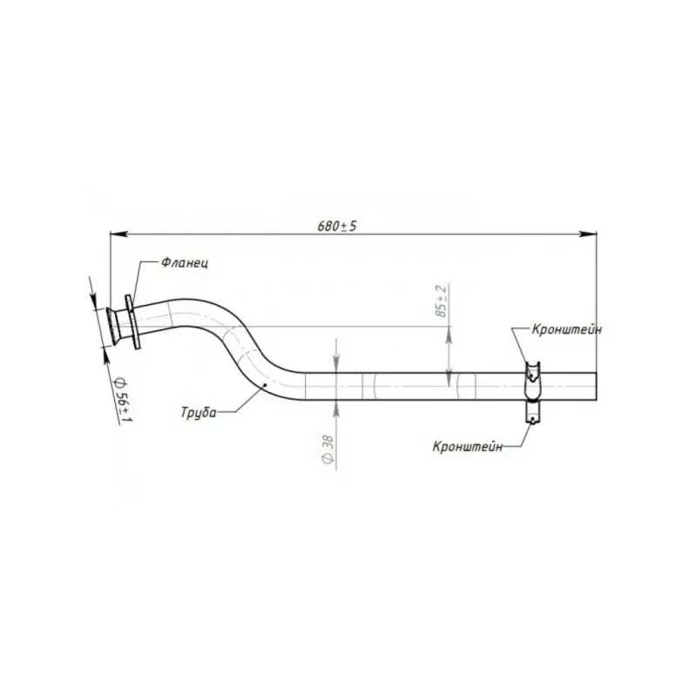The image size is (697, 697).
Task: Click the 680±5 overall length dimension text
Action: tap(337, 227)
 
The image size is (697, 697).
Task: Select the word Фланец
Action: tap(185, 263)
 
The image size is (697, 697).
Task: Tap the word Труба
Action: tap(199, 412)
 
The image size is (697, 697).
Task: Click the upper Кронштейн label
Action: tap(567, 329)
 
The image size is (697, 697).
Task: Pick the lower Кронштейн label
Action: tap(468, 446)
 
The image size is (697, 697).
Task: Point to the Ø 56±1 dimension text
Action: tap(123, 400)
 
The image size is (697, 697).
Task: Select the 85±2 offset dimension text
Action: tap(441, 301)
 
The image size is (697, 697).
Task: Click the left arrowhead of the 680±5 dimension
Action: tap(118, 233)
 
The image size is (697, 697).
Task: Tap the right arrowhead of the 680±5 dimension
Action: tap(587, 233)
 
